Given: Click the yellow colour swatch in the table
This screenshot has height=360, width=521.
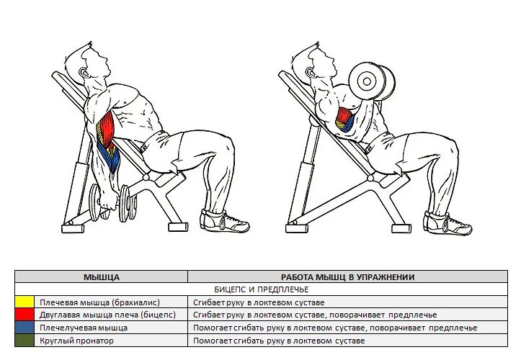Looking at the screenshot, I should [x=25, y=302].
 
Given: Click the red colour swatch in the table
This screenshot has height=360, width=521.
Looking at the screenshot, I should [x=25, y=315].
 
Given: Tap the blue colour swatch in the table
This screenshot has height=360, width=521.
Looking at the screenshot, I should [x=25, y=328].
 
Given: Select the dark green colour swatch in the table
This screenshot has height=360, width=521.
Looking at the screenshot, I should [x=25, y=341].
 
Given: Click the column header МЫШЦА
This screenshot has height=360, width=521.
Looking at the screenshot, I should [x=102, y=276].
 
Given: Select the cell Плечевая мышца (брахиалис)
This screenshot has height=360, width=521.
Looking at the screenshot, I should [x=99, y=302].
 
